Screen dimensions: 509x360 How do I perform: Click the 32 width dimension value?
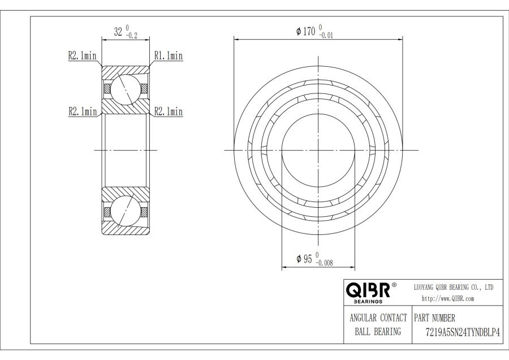click(x=118, y=32)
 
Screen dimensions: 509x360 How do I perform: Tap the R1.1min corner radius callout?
click(x=169, y=55)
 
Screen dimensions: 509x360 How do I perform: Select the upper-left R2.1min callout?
click(x=82, y=55)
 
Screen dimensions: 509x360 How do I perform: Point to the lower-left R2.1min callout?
click(x=83, y=112)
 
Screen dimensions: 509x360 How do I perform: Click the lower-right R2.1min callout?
click(x=169, y=112)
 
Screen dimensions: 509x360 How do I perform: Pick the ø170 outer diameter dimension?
click(x=306, y=31)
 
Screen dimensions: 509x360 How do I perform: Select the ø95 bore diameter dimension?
click(x=304, y=259)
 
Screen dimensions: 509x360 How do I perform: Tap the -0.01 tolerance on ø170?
click(x=326, y=36)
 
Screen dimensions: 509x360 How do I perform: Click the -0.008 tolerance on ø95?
click(x=324, y=263)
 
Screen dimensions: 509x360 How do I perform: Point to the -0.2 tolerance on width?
click(x=131, y=36)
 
